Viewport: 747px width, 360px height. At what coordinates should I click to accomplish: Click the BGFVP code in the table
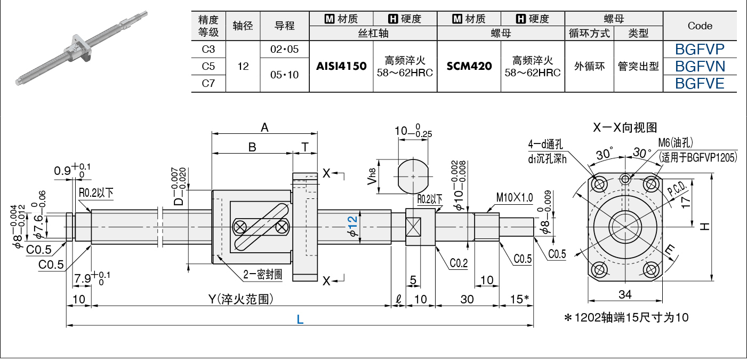tap(700, 50)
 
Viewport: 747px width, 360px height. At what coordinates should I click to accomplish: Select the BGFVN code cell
tap(700, 66)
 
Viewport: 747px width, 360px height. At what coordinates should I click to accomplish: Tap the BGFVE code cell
tap(700, 83)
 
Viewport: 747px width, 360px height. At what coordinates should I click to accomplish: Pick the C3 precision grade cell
tap(208, 50)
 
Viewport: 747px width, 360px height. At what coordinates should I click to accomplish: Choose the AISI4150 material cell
tap(341, 66)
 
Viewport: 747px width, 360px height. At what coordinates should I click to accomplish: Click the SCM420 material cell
tap(469, 66)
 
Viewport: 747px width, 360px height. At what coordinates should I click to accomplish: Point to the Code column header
tap(700, 26)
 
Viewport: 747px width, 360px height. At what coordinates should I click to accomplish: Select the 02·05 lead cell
tap(285, 50)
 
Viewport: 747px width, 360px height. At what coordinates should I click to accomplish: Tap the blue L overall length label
tap(300, 319)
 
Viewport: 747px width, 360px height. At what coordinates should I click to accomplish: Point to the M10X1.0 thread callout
tap(515, 197)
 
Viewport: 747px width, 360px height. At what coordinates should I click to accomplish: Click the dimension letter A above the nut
tap(264, 127)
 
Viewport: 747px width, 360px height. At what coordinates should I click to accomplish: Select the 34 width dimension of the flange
tap(625, 294)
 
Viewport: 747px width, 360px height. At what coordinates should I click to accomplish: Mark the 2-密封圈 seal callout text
tap(263, 275)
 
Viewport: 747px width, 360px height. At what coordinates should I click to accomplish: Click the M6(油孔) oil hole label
tap(676, 143)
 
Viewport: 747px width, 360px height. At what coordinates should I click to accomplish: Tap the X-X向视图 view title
tap(625, 127)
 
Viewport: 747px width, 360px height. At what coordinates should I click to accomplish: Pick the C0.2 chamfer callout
tap(459, 263)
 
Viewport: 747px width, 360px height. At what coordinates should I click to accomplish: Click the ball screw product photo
tap(82, 48)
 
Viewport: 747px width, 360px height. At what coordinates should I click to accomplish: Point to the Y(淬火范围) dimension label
tap(241, 299)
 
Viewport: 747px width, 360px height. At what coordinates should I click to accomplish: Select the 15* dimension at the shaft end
tap(519, 299)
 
